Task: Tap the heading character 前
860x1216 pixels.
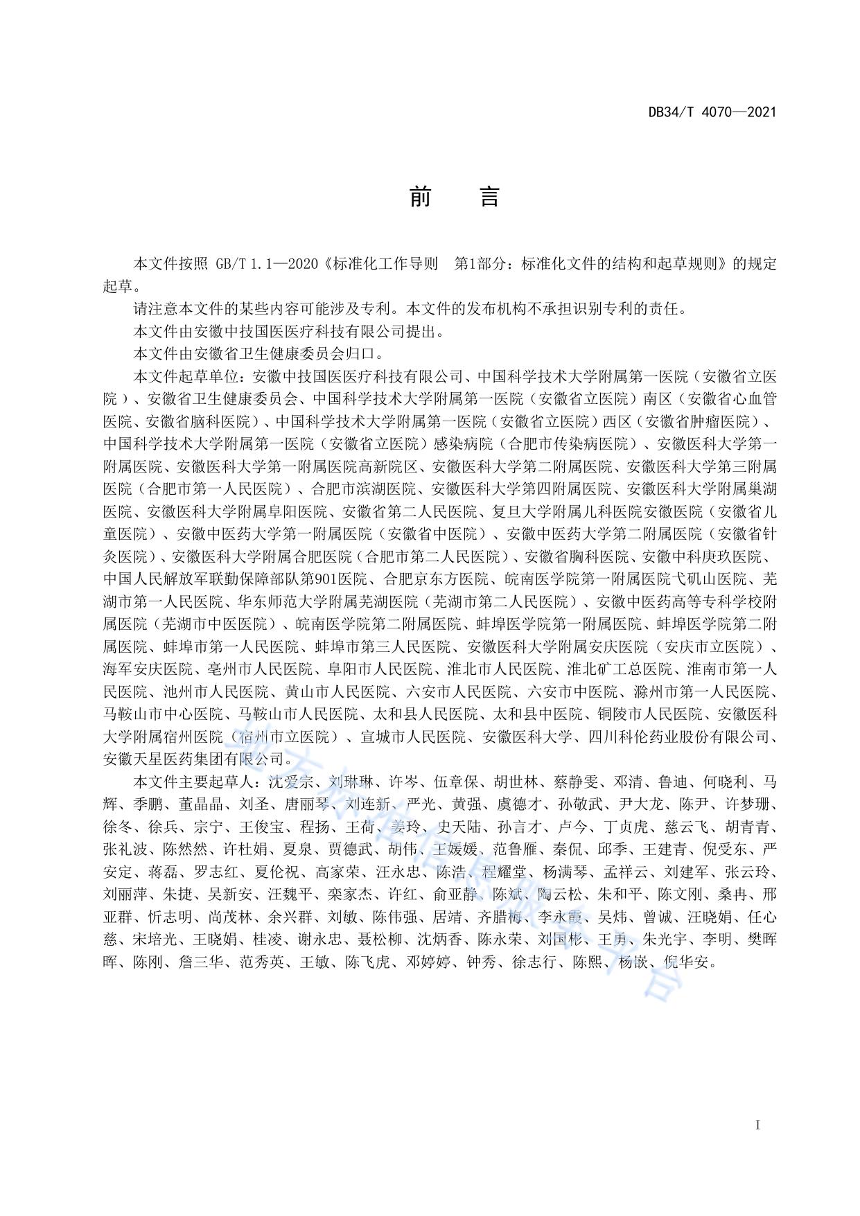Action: [x=420, y=197]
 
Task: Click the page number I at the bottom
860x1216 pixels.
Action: [x=757, y=1125]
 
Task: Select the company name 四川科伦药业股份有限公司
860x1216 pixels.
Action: [x=682, y=737]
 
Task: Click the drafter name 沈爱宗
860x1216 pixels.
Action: [x=286, y=782]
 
